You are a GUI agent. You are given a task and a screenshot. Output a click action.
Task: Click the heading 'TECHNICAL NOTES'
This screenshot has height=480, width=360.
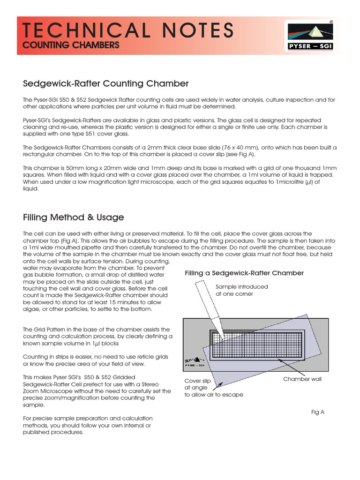tap(128, 30)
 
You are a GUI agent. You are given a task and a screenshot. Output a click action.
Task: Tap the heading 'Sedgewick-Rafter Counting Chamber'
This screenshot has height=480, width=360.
tap(106, 83)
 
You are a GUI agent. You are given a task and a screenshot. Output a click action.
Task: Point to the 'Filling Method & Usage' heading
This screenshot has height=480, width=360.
tap(74, 217)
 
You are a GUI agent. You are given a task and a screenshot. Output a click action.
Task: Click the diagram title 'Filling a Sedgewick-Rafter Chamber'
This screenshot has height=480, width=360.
tap(244, 273)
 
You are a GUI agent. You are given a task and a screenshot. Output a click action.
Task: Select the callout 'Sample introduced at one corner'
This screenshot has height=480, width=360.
tap(241, 290)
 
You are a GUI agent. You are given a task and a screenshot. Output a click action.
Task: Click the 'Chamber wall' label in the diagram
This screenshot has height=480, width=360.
tap(302, 379)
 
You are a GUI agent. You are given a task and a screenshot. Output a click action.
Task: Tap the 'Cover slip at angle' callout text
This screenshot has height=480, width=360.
tap(197, 384)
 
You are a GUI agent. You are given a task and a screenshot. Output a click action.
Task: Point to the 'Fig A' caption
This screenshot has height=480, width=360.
tap(318, 412)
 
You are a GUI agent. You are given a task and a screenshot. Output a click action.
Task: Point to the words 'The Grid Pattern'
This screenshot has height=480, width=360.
tap(45, 330)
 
